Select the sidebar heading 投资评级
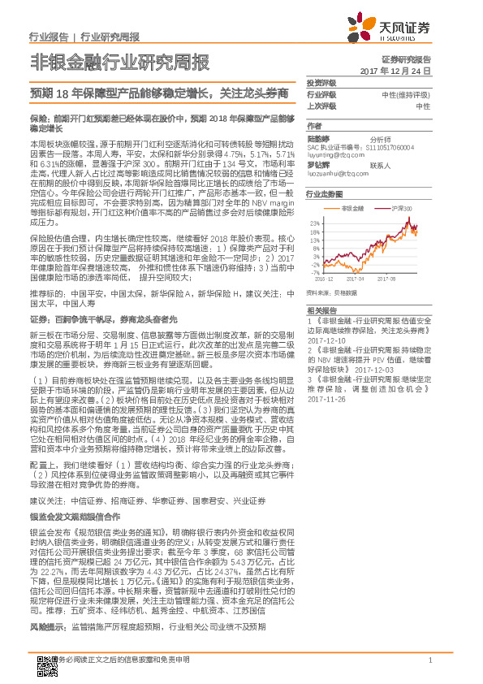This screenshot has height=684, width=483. click(x=321, y=84)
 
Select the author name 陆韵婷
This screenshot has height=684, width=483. click(x=317, y=139)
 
